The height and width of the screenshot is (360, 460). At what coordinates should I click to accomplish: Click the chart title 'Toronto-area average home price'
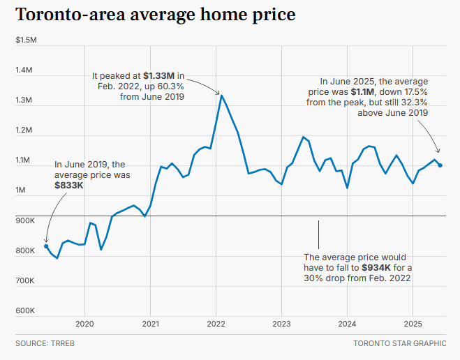click(155, 14)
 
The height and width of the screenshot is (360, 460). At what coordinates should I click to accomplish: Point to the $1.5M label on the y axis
click(26, 40)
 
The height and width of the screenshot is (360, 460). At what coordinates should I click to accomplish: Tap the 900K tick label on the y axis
click(25, 220)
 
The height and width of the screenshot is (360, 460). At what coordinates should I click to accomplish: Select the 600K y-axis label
click(25, 310)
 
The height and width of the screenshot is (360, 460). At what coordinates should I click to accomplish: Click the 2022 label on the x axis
click(216, 324)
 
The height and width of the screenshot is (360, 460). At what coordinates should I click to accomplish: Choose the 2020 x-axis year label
click(84, 324)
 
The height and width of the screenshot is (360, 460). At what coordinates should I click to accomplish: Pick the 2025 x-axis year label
click(413, 324)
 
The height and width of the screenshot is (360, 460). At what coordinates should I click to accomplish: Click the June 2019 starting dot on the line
click(46, 246)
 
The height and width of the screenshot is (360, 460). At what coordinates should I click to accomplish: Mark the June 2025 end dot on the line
click(440, 165)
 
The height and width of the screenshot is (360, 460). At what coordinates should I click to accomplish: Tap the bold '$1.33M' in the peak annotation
click(159, 75)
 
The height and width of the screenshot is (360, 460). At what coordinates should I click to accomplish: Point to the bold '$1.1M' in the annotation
click(363, 91)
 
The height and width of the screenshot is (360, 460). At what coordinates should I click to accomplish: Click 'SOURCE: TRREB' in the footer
click(45, 344)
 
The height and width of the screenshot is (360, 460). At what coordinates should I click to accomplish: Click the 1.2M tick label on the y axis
click(25, 130)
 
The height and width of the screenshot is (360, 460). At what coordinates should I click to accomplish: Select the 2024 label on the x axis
click(347, 324)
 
